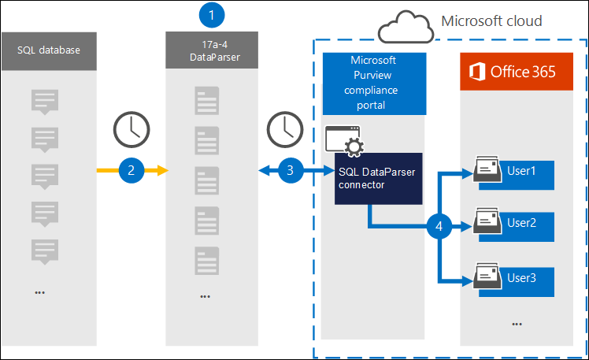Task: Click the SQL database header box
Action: pyautogui.click(x=49, y=50)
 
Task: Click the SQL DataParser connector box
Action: pyautogui.click(x=368, y=179)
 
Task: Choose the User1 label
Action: pyautogui.click(x=521, y=171)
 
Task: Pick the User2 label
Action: pyautogui.click(x=521, y=223)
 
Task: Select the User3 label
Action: pyautogui.click(x=521, y=277)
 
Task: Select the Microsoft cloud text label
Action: pyautogui.click(x=491, y=21)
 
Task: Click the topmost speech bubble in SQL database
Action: pyautogui.click(x=44, y=101)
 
